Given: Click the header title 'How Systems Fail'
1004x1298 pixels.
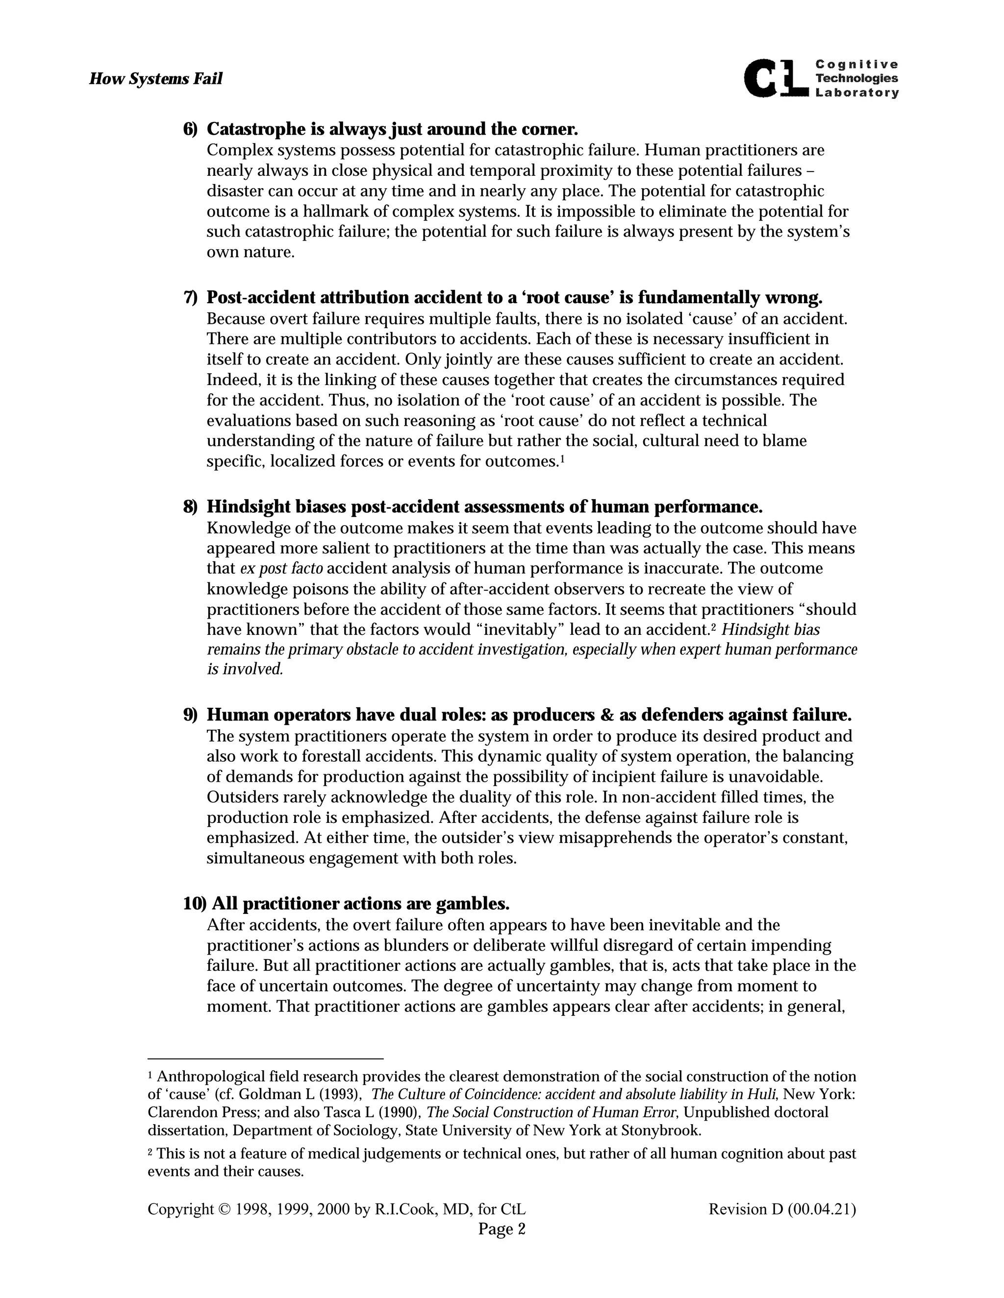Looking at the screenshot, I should pyautogui.click(x=155, y=78).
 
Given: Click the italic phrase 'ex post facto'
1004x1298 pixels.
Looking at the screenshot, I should pyautogui.click(x=281, y=569).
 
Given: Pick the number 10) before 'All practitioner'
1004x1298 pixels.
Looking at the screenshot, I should pyautogui.click(x=195, y=904).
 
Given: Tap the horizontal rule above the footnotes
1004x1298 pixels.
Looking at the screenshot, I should pyautogui.click(x=265, y=1058).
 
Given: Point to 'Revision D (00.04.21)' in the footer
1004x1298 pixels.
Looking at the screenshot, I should pyautogui.click(x=781, y=1209).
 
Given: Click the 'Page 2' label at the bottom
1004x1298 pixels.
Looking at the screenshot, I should pyautogui.click(x=502, y=1228).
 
